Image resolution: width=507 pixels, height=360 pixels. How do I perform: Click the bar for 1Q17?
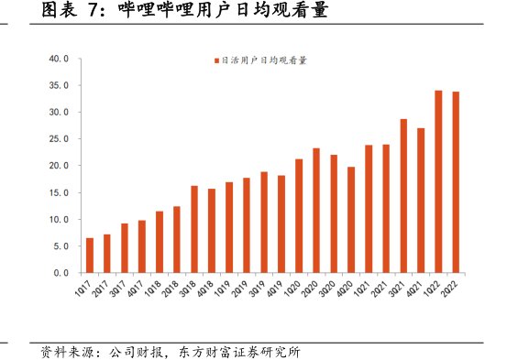89,256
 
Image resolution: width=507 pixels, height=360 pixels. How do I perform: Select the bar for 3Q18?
194,229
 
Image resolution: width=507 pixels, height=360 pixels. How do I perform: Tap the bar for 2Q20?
316,211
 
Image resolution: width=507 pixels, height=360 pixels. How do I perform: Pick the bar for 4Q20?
351,220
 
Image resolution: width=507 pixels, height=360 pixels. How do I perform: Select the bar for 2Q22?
456,182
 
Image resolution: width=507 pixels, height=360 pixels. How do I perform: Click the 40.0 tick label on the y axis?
60,59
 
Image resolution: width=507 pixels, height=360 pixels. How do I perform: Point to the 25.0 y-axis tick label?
60,139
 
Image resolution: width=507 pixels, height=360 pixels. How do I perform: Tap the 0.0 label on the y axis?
62,273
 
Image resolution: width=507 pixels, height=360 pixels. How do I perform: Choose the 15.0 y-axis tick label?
60,192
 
